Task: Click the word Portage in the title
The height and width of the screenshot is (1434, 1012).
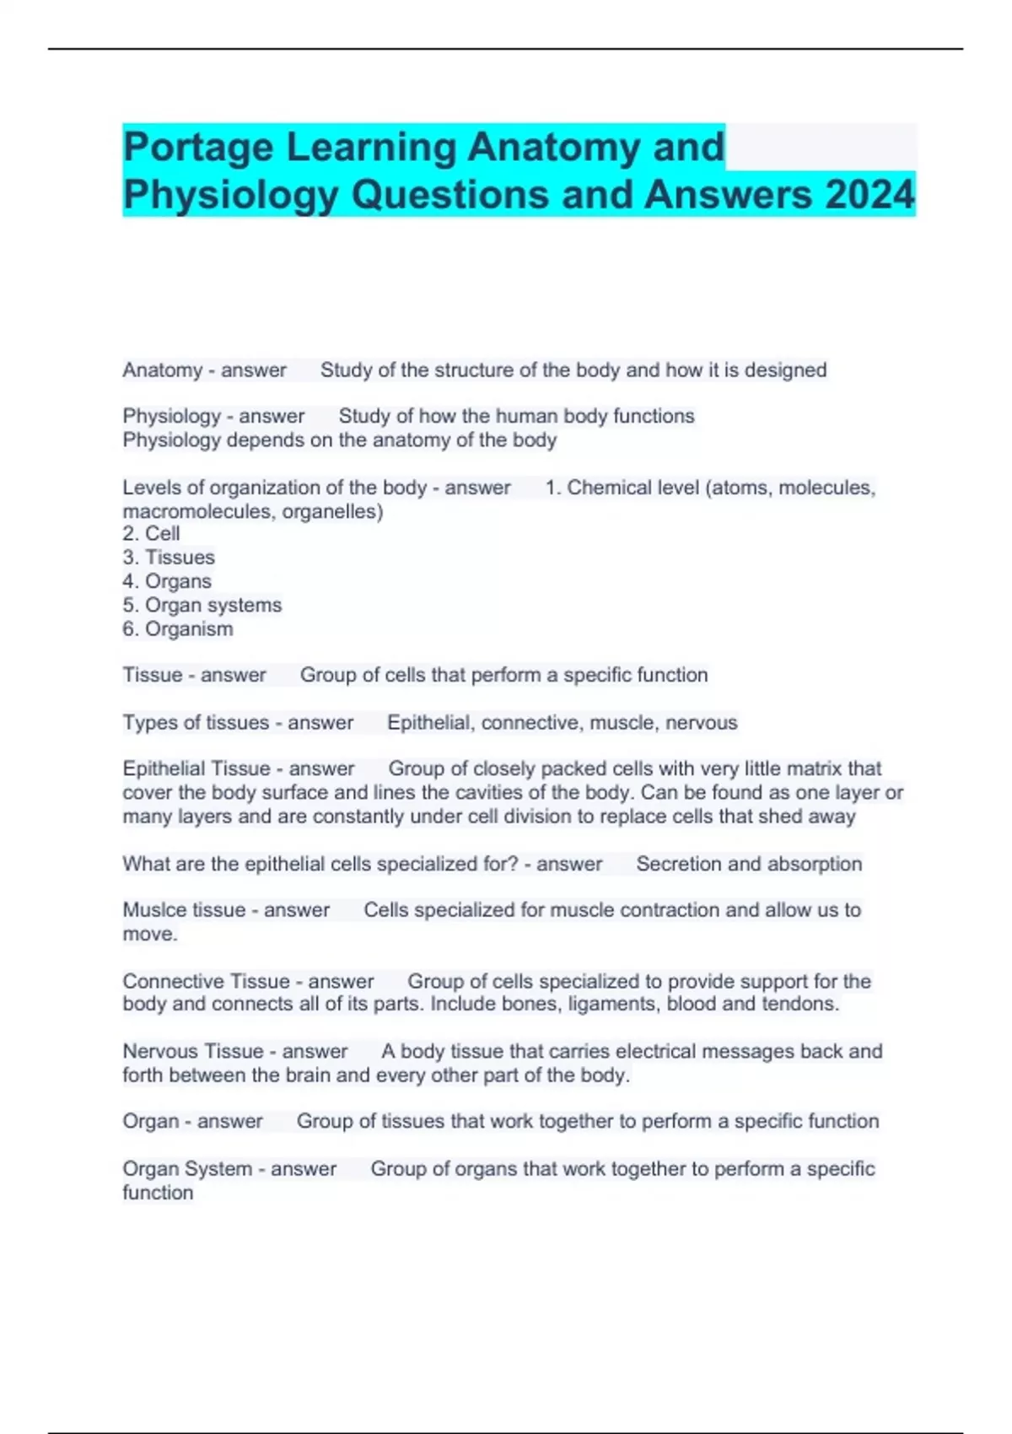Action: (x=198, y=148)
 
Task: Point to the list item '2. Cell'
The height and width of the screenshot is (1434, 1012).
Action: (x=152, y=534)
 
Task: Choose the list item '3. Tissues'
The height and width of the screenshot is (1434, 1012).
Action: (x=169, y=558)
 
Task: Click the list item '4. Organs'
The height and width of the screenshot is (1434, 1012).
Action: (x=167, y=581)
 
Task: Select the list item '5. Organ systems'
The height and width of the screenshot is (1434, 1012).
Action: (x=202, y=605)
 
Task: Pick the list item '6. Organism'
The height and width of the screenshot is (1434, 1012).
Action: (x=178, y=629)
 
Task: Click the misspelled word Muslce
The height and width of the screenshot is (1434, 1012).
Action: (x=153, y=910)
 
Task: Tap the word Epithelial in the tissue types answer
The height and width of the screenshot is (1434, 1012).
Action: (x=428, y=723)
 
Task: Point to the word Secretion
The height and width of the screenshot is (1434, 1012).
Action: (x=678, y=864)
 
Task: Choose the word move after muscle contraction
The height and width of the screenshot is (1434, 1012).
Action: (x=148, y=935)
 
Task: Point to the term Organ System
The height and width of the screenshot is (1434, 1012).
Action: (x=186, y=1169)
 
